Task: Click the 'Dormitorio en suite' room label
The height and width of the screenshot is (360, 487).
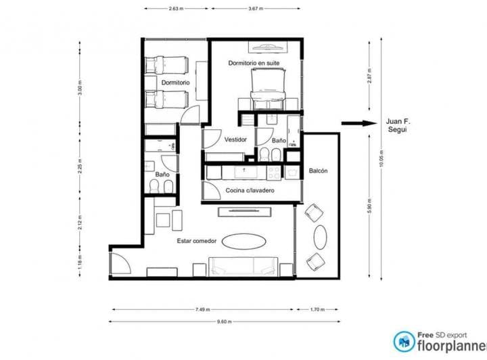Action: (254, 63)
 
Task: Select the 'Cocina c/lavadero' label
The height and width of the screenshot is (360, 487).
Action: (250, 192)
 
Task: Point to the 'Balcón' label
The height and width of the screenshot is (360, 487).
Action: (318, 171)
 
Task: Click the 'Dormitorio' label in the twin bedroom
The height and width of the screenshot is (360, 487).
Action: (175, 82)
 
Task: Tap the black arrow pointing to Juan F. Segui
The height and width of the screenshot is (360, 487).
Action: (358, 123)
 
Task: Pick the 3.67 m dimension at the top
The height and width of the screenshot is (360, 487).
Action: (255, 9)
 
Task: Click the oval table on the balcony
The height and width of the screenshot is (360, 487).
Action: (321, 237)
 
